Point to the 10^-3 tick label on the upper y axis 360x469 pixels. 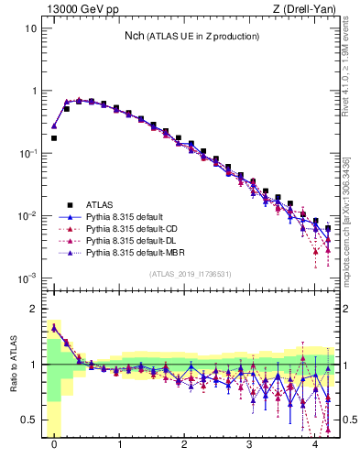tap(27, 278)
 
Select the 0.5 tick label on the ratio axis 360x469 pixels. tap(30, 420)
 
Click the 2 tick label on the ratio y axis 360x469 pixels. tap(35, 309)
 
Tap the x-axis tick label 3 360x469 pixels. tap(250, 444)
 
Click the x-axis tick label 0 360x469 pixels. tap(54, 444)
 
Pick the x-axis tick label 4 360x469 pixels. tap(315, 444)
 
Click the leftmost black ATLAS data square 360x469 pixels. tap(54, 138)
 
